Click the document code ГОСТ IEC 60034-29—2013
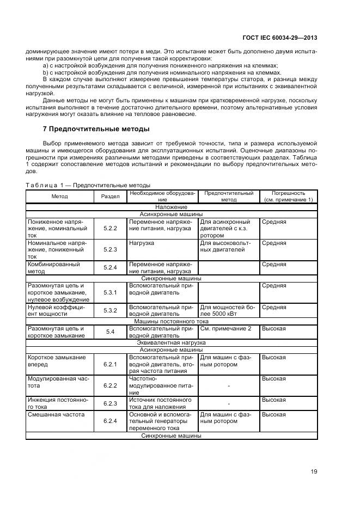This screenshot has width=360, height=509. [279, 38]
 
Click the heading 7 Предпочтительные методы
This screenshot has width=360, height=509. [96, 129]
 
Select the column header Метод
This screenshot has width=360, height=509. [60, 196]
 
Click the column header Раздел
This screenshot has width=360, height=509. [111, 196]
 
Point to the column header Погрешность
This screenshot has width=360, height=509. [288, 196]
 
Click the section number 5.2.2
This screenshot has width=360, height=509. [111, 229]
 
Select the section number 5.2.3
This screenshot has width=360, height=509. [111, 250]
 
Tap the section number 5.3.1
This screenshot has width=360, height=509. [111, 292]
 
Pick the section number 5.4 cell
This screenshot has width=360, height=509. [111, 332]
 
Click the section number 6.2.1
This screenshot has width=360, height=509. [111, 364]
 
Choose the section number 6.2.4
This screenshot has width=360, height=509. [111, 421]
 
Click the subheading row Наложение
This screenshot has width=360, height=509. [171, 207]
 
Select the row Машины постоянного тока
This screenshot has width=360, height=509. [171, 321]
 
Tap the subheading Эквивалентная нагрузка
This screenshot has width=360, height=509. [171, 343]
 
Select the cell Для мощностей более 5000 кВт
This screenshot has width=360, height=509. [228, 310]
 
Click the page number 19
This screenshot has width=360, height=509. [314, 471]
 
